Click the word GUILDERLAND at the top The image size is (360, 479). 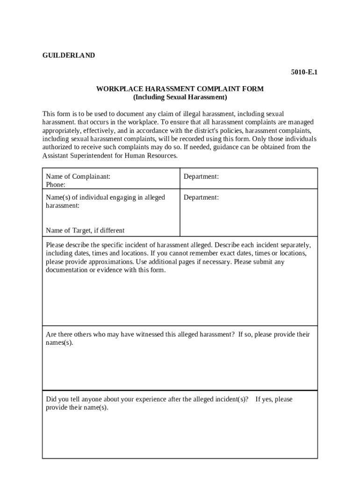click(x=69, y=55)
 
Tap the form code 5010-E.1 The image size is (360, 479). click(x=304, y=72)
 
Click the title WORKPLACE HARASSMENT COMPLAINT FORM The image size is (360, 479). click(x=180, y=89)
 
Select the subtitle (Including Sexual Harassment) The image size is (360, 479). click(x=180, y=97)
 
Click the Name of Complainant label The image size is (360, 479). click(x=78, y=176)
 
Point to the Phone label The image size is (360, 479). click(x=56, y=185)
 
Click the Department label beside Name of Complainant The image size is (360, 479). click(x=201, y=176)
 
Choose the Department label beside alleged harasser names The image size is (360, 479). click(x=201, y=197)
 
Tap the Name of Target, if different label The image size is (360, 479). click(x=85, y=230)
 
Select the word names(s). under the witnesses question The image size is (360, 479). click(x=59, y=343)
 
